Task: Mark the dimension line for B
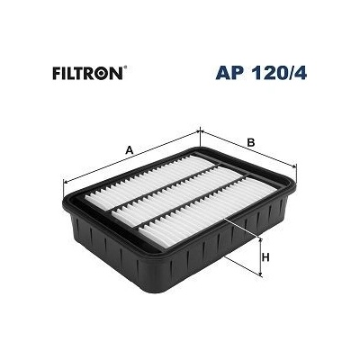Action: click(x=249, y=149)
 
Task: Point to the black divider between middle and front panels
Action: click(x=194, y=204)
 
